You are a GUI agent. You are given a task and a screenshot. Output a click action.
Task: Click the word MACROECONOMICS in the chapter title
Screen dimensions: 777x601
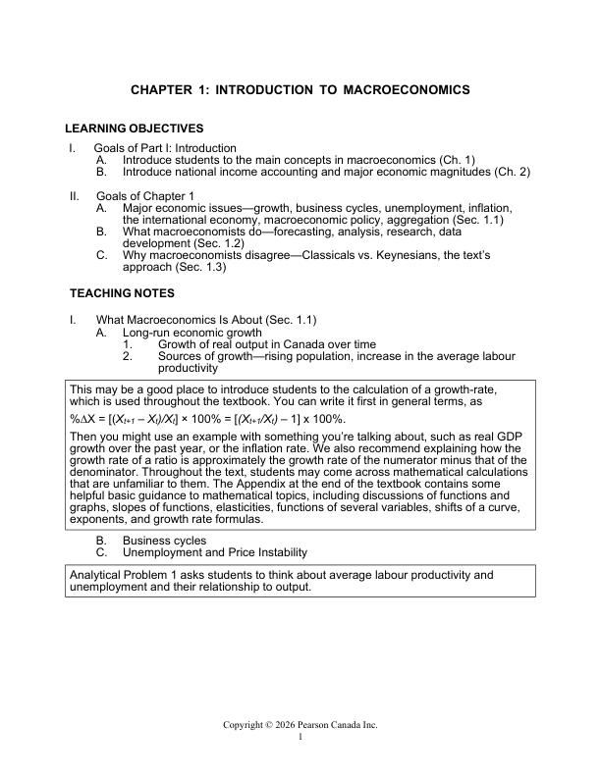coord(408,89)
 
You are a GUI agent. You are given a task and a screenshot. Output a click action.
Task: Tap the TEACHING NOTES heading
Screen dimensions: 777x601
coord(122,293)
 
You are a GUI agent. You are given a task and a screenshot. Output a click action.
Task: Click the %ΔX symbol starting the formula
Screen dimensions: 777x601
coord(82,419)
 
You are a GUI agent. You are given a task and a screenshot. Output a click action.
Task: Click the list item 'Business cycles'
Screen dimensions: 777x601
coord(164,541)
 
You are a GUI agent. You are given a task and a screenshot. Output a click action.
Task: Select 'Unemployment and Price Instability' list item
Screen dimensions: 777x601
coord(214,552)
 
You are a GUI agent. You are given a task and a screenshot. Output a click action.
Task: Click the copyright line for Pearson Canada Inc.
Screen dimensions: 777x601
coord(300,725)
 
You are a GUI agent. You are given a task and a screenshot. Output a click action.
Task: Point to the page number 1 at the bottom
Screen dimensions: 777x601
coord(300,737)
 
